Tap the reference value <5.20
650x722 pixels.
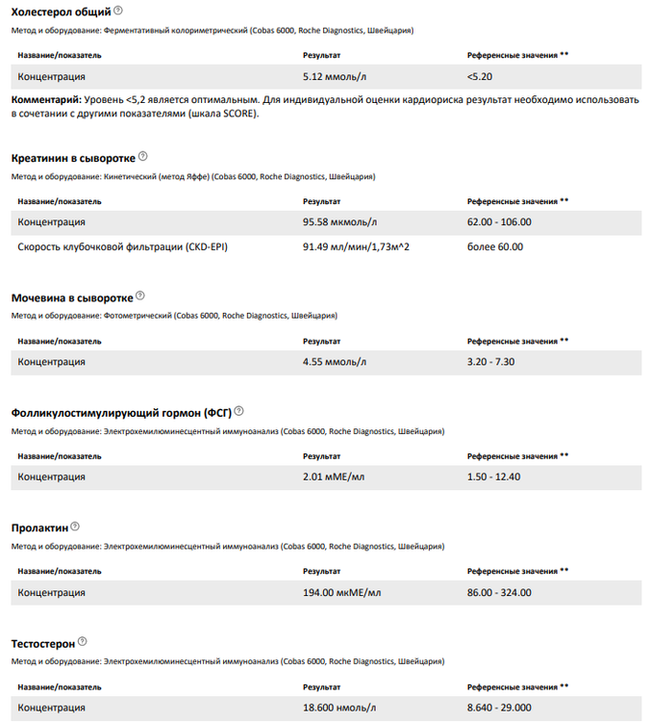[480, 77]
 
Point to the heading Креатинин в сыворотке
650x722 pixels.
[72, 157]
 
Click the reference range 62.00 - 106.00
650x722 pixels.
[499, 222]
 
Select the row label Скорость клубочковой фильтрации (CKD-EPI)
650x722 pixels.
[122, 247]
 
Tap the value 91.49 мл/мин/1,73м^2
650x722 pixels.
[357, 247]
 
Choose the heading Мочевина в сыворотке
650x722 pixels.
[71, 297]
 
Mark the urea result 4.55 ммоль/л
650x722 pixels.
[334, 362]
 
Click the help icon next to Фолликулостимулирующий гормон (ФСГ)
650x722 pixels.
[238, 411]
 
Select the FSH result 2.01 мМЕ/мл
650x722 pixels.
[333, 477]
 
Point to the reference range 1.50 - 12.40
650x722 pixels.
[493, 477]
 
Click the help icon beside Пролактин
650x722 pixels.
[75, 527]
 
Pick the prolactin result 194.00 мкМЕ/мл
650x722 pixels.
[341, 592]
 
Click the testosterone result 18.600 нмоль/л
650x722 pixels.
[337, 708]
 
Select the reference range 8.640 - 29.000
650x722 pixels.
[499, 708]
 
